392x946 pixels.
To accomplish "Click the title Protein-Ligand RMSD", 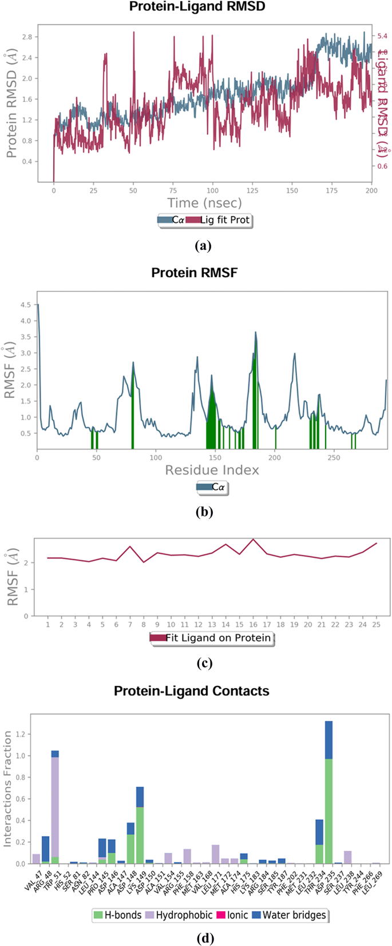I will click(x=197, y=7).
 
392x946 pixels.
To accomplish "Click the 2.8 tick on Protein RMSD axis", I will click(x=26, y=37).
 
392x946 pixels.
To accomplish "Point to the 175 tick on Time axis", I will click(x=331, y=190).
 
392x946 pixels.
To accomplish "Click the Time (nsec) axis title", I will click(x=204, y=203).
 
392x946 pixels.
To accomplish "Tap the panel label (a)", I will click(x=203, y=246).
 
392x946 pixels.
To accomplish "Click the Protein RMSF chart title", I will click(x=194, y=273).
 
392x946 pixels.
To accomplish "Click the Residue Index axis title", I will click(x=212, y=470).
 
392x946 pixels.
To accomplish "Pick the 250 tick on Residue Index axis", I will click(x=334, y=458).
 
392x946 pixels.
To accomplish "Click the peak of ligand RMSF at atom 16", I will click(x=253, y=539).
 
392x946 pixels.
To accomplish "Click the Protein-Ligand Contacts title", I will click(x=191, y=690).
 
